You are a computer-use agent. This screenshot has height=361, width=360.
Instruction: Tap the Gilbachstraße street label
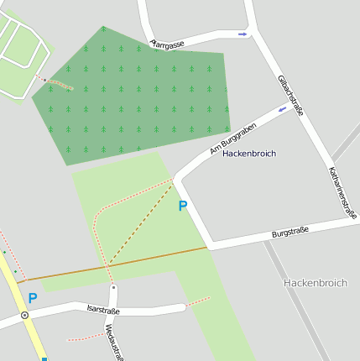coord(290,95)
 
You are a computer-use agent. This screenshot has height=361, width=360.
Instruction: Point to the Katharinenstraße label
coord(342,191)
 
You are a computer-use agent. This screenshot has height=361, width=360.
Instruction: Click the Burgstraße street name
coord(290,231)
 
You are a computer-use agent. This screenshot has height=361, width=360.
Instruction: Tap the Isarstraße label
coord(103,311)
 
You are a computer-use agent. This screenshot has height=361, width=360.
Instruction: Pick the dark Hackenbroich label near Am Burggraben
coord(249,154)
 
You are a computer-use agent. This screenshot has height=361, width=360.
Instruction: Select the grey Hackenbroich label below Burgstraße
coord(315,283)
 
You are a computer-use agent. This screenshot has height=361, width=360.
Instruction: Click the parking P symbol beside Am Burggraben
coord(182,206)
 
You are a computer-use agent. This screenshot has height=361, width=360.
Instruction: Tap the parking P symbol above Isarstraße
coord(33,298)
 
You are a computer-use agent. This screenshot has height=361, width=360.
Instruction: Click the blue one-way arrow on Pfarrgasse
coord(243,34)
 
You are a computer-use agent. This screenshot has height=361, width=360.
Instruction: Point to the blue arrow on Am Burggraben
coord(282,109)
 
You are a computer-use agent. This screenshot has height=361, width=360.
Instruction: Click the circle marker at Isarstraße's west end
coord(25,316)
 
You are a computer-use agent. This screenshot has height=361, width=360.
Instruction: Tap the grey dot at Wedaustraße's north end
coord(113,287)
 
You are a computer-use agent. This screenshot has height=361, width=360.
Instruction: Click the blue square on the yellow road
coord(44,358)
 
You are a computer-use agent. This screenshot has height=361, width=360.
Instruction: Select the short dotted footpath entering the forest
coord(59,83)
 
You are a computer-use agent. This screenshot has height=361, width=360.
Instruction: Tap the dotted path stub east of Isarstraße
coord(198,301)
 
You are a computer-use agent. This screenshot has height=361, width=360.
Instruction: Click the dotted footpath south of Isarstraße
coord(84,337)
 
